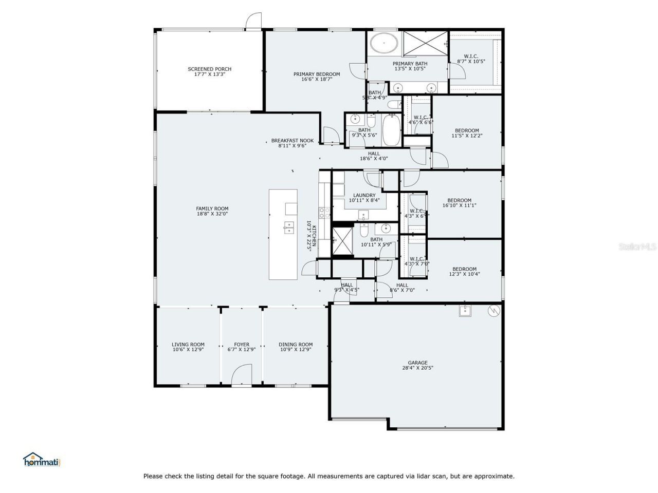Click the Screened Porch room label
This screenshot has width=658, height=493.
[209, 69]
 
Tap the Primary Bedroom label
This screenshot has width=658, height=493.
[317, 74]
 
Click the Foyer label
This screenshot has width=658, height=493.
[242, 345]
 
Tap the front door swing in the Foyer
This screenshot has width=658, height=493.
[242, 374]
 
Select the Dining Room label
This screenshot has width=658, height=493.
[296, 345]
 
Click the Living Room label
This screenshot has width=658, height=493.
[188, 345]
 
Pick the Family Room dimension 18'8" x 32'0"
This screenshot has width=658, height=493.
[212, 214]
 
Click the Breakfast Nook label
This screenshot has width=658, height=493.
[293, 140]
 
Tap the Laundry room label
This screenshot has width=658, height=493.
[364, 195]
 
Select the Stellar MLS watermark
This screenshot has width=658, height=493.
[637, 247]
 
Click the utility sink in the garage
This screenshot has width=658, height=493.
[465, 311]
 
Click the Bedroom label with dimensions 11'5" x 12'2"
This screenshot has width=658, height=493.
[467, 130]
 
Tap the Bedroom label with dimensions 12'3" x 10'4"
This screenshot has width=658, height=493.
[464, 269]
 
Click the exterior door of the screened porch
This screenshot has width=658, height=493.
[253, 22]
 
